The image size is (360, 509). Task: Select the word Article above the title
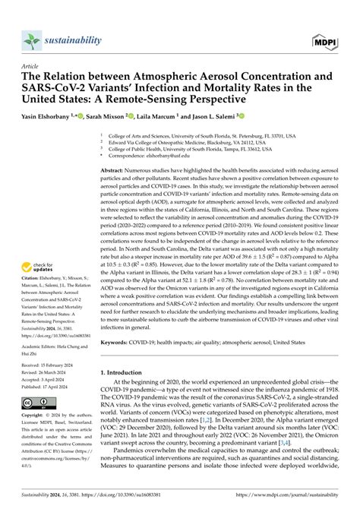[x=33, y=65]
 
